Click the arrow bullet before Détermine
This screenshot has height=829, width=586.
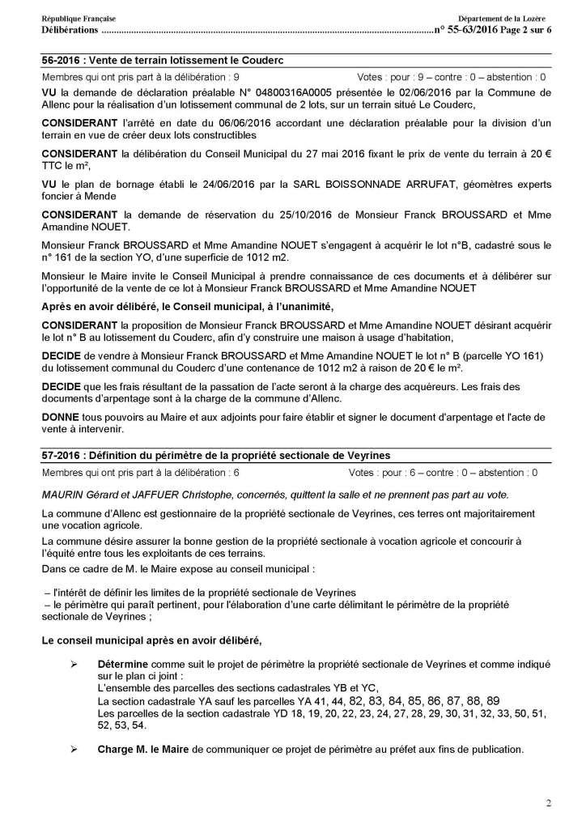click(74, 662)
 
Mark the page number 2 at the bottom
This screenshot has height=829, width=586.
click(548, 804)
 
